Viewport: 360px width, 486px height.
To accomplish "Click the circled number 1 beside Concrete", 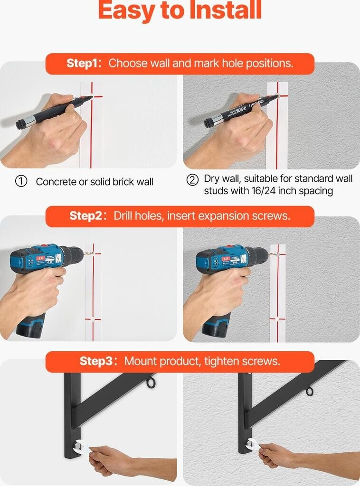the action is tap(21, 181).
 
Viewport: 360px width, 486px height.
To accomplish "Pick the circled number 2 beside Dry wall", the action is tap(192, 180).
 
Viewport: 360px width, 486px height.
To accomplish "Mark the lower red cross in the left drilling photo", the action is tap(93, 319).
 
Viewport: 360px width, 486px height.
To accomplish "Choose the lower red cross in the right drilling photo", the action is tap(277, 318).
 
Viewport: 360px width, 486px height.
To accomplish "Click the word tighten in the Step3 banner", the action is tap(221, 361).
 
